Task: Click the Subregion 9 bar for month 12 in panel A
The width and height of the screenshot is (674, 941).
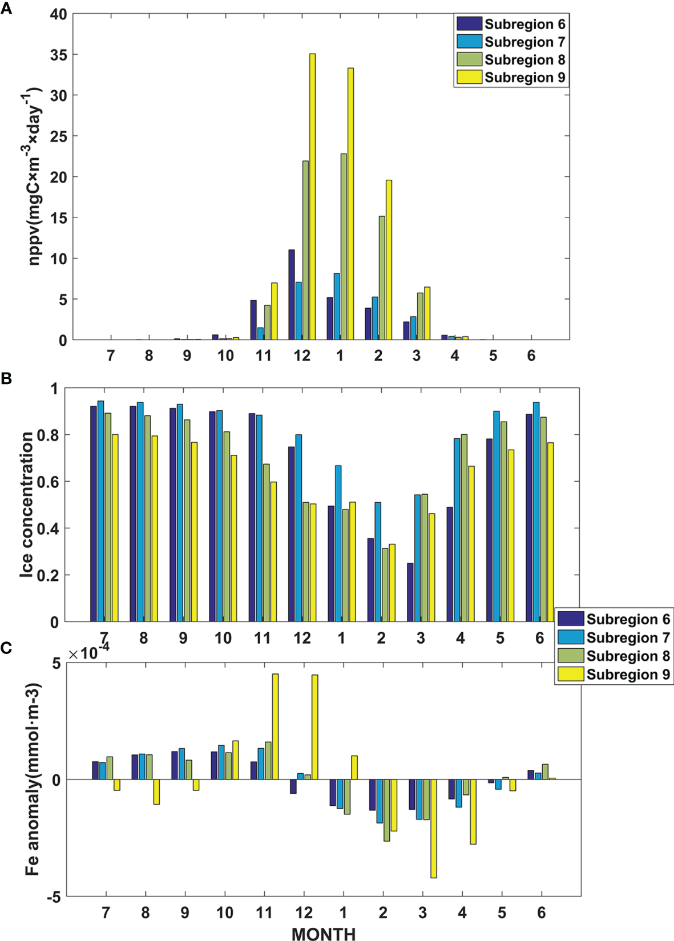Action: pos(312,197)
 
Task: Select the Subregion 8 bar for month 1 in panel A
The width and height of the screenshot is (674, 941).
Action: pos(343,247)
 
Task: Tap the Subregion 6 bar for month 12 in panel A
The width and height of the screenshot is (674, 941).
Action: pos(291,294)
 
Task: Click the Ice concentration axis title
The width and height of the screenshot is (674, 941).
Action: pos(26,504)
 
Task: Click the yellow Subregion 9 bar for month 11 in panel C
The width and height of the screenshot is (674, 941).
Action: pos(275,726)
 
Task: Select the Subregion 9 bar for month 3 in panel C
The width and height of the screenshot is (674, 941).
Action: pos(434,829)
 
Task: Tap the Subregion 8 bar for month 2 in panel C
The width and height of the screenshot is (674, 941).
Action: pos(386,810)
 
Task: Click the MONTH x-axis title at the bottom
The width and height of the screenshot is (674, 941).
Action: pos(324,934)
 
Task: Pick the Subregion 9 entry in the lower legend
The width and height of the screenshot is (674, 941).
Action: pos(627,675)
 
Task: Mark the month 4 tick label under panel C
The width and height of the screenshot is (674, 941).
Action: pos(462,913)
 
